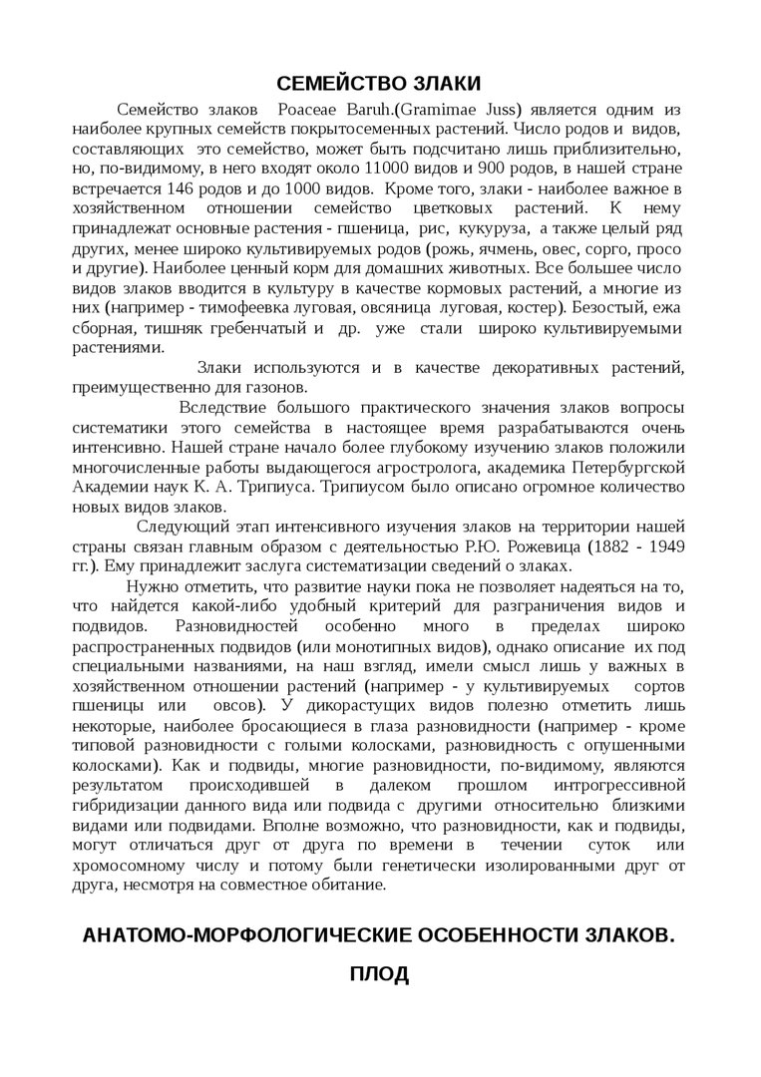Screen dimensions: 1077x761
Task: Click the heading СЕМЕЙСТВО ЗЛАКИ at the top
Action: pos(379,82)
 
